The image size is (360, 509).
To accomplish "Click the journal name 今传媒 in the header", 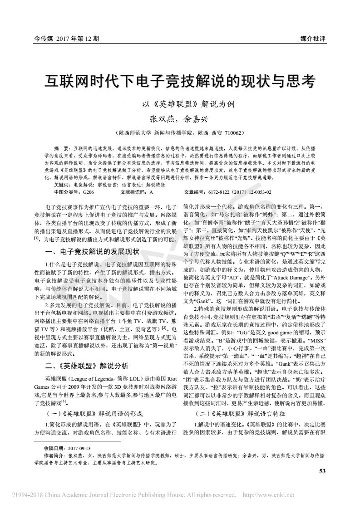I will coord(44,39).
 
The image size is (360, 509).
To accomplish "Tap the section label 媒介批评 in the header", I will coord(313,39).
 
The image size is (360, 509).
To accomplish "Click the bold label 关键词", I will coord(61,185).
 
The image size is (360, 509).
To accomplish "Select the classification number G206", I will coord(89,192).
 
